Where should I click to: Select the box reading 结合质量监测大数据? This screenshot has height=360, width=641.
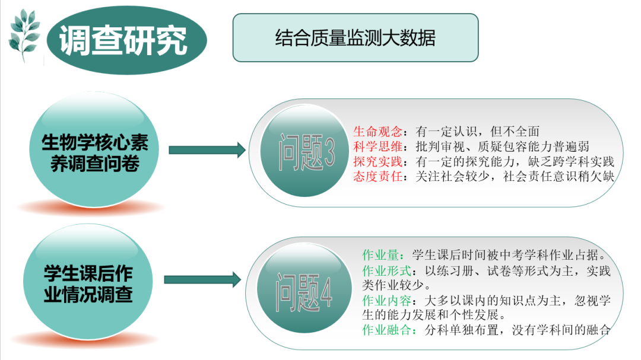click(x=355, y=38)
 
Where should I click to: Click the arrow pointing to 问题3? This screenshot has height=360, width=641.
click(x=207, y=151)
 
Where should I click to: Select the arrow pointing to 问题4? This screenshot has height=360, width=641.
click(x=202, y=280)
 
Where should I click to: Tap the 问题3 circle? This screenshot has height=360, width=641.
click(x=306, y=153)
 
